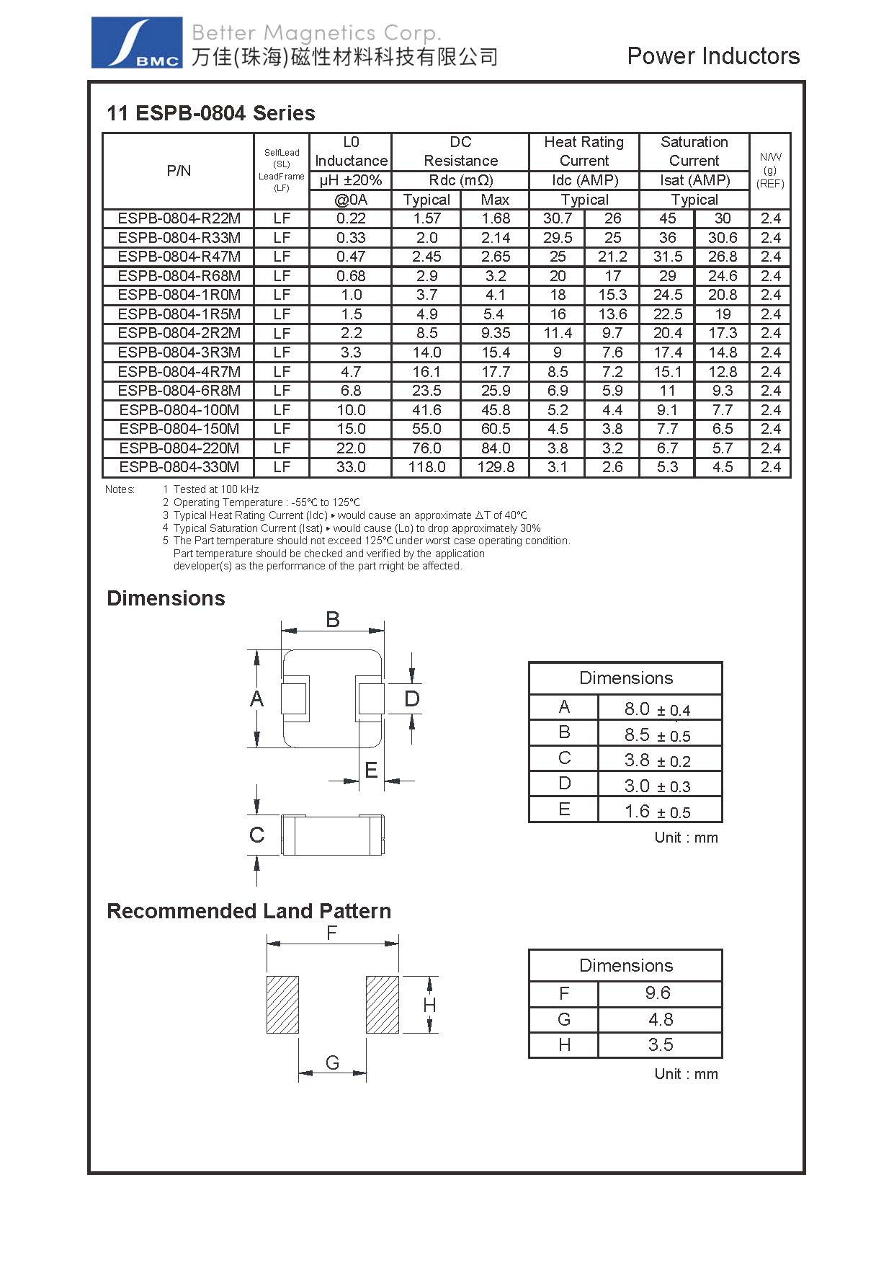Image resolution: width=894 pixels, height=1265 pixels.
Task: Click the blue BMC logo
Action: pyautogui.click(x=136, y=43)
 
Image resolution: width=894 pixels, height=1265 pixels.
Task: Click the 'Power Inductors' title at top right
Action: pyautogui.click(x=712, y=56)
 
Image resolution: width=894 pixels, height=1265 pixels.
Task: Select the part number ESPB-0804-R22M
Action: pyautogui.click(x=179, y=218)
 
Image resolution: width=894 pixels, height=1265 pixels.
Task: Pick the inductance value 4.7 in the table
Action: pyautogui.click(x=351, y=372)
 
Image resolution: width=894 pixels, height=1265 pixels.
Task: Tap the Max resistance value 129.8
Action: pyautogui.click(x=496, y=467)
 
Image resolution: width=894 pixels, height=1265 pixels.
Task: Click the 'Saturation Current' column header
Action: pyautogui.click(x=694, y=151)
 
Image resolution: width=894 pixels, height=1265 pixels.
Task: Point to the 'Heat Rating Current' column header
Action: pyautogui.click(x=584, y=151)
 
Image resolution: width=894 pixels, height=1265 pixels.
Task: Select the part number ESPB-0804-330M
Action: pyautogui.click(x=179, y=467)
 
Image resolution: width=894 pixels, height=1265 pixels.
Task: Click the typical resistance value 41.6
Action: pyautogui.click(x=426, y=410)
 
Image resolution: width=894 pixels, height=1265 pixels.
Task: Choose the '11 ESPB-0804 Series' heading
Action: pyautogui.click(x=210, y=113)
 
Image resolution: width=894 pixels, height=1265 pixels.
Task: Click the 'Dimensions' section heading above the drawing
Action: pyautogui.click(x=166, y=598)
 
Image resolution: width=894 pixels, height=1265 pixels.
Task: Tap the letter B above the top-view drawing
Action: pyautogui.click(x=332, y=619)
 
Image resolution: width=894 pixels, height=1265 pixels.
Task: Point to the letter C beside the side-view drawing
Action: pyautogui.click(x=256, y=835)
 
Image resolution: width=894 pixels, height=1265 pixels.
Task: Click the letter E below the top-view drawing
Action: pyautogui.click(x=371, y=771)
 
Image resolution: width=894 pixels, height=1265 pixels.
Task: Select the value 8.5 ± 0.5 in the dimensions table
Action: pyautogui.click(x=657, y=735)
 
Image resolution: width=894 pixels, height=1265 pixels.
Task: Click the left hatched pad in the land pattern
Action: pyautogui.click(x=282, y=1004)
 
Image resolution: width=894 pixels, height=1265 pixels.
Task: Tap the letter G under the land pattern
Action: pyautogui.click(x=332, y=1062)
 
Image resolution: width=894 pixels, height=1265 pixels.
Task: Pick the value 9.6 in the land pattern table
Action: pyautogui.click(x=658, y=993)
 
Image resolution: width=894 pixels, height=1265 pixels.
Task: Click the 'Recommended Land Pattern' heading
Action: pyautogui.click(x=249, y=911)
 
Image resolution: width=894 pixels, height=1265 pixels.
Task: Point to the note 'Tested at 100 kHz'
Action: pyautogui.click(x=215, y=489)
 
